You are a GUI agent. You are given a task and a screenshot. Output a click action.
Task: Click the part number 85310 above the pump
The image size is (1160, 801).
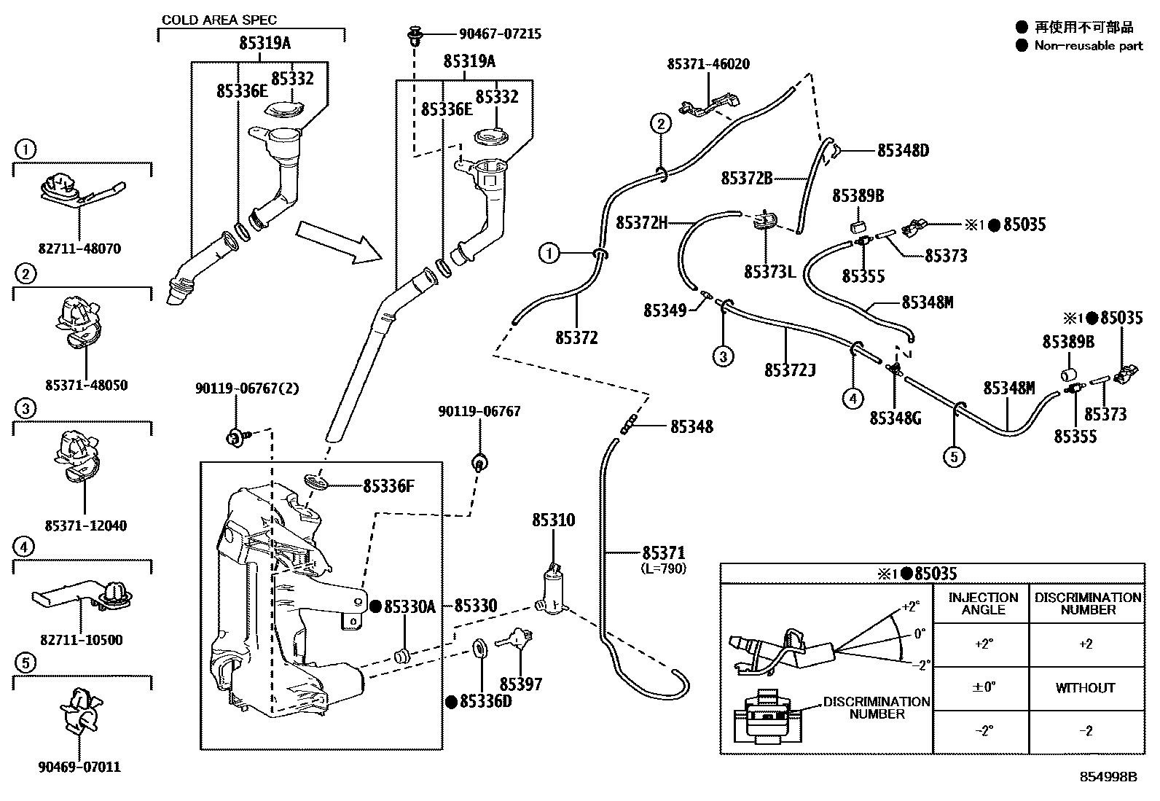coord(553,520)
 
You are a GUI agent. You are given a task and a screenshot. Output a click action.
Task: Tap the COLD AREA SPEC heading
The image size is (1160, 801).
coord(219,20)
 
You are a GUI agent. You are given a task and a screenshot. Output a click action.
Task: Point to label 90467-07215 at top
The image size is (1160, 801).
coord(500,34)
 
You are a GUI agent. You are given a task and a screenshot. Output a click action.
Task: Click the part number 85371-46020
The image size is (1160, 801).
coord(708,64)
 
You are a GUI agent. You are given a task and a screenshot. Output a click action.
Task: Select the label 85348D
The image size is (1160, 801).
coord(903,151)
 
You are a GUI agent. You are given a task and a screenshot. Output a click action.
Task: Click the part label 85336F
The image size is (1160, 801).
coord(388,485)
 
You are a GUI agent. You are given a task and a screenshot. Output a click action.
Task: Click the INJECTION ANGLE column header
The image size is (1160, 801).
coord(983,603)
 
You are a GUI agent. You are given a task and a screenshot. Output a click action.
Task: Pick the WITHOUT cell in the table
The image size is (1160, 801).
coord(1085,687)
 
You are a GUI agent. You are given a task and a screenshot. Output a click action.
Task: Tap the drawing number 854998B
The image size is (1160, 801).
coord(1108,776)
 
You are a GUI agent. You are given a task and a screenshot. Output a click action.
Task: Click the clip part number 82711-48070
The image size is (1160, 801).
coord(81,249)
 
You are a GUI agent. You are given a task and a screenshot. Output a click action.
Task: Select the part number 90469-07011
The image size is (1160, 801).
coord(81,767)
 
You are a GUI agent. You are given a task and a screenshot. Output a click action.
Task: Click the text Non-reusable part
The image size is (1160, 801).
coord(1089,45)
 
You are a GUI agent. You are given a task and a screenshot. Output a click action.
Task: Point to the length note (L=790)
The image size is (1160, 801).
coord(663,568)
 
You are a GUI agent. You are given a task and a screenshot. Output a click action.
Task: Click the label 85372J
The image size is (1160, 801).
coord(789,370)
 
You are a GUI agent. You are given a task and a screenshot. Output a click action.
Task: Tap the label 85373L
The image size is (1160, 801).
coord(769,272)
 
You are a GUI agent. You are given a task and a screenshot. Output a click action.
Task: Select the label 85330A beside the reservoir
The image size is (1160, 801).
coord(409,606)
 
